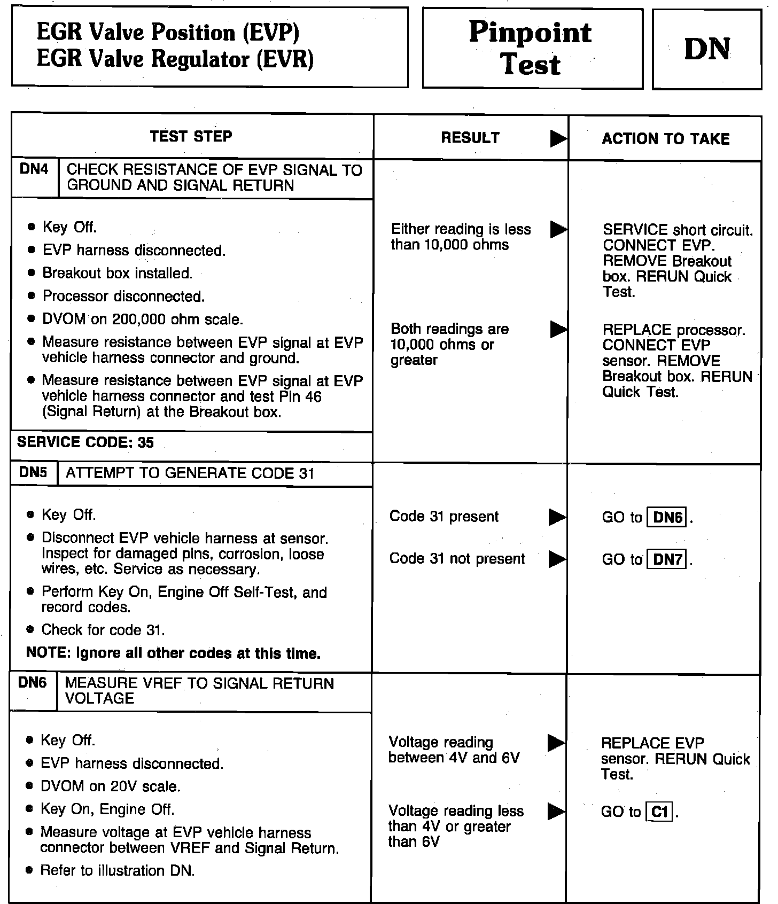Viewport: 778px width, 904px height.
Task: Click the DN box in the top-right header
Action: [x=706, y=49]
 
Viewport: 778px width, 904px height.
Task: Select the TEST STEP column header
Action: [x=191, y=136]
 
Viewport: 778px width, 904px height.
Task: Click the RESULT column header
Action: [x=470, y=138]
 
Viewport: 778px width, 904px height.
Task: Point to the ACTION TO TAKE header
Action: [x=665, y=139]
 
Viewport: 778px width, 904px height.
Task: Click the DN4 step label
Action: [x=34, y=170]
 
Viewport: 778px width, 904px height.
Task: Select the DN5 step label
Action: [x=33, y=472]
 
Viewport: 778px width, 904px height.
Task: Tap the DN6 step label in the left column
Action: [x=32, y=683]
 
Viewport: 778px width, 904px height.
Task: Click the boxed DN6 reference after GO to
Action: [x=667, y=517]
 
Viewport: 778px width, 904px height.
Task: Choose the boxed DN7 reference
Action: [x=667, y=559]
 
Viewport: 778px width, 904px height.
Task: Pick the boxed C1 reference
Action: [x=660, y=812]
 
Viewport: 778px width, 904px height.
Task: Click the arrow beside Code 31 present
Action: [x=557, y=517]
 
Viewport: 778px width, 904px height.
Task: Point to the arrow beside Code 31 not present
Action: [x=557, y=559]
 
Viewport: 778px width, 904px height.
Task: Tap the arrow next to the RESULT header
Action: [x=558, y=138]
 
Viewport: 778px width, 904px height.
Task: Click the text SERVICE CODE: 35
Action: [x=85, y=442]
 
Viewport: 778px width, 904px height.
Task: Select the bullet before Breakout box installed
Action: [x=32, y=273]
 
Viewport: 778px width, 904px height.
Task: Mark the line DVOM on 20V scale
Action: [x=111, y=786]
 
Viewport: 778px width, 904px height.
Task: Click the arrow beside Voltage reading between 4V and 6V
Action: [x=556, y=743]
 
